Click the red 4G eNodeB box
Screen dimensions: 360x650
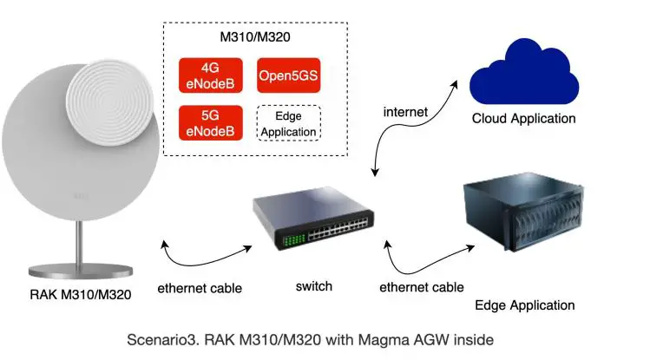[210, 75]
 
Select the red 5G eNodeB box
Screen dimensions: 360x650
[210, 122]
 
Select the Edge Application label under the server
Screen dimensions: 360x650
[524, 305]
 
